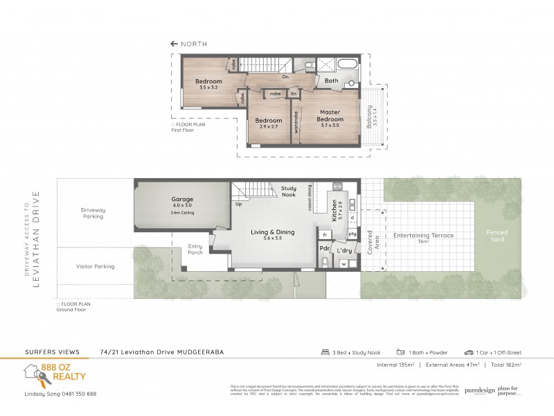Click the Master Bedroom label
click(x=330, y=115)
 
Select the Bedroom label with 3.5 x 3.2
click(x=208, y=82)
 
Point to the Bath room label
click(x=331, y=80)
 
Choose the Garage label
click(x=182, y=199)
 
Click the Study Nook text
click(x=289, y=191)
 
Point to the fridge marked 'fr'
click(x=324, y=236)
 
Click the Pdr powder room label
click(x=323, y=248)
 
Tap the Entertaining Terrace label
click(x=423, y=235)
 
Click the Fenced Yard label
click(x=497, y=236)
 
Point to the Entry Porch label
click(x=196, y=249)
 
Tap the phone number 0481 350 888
click(x=73, y=394)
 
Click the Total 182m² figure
click(x=503, y=363)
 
